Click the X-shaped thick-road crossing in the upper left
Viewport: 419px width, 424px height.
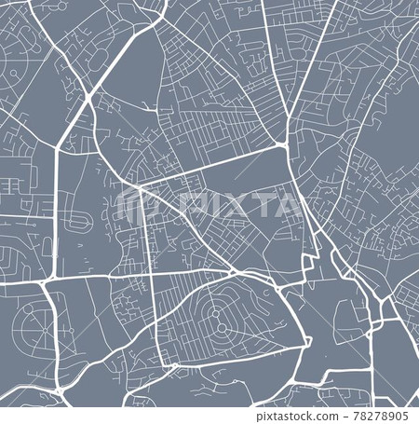88,97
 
